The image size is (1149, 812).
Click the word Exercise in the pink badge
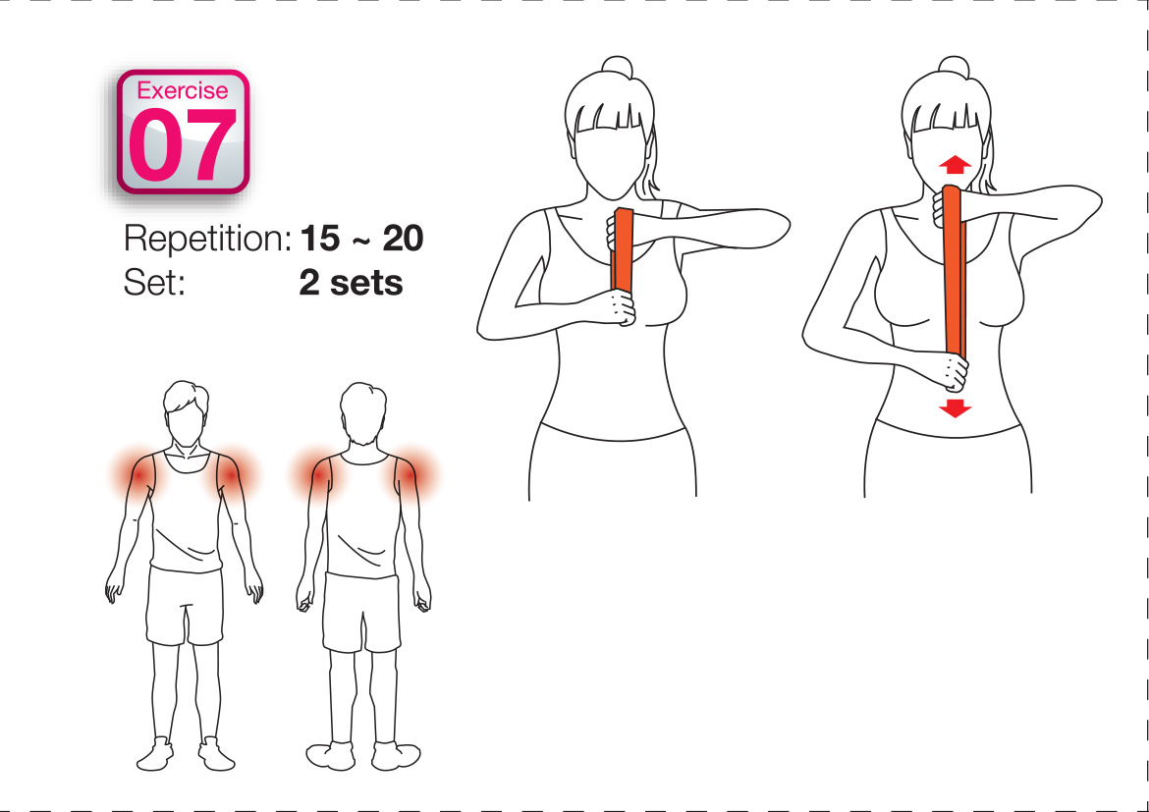(x=183, y=90)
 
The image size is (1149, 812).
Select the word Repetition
(x=208, y=240)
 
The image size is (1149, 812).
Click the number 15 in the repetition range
(x=320, y=239)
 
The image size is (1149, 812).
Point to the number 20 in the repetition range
(x=403, y=239)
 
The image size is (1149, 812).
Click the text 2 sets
(x=351, y=282)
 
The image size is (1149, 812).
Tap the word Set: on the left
(x=154, y=282)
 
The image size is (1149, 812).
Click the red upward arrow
(x=955, y=164)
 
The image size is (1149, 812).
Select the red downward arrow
(x=955, y=408)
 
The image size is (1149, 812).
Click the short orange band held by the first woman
(x=623, y=250)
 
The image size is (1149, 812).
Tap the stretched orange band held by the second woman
(x=955, y=271)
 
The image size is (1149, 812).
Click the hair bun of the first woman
(x=617, y=66)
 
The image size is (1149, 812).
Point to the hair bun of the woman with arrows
(x=955, y=66)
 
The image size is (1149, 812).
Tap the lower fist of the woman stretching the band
(x=952, y=371)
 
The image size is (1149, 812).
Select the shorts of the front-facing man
(x=185, y=606)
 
